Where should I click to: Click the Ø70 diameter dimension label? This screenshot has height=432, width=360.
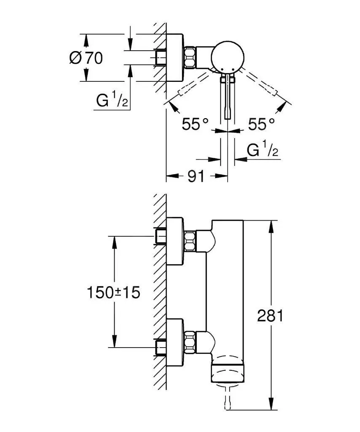[86, 58]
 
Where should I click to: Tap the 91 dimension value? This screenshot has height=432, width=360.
[196, 176]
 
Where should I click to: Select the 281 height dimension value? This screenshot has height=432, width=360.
[270, 316]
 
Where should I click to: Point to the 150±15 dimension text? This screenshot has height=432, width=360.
[113, 292]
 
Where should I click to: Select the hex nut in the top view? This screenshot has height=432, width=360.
[190, 57]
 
